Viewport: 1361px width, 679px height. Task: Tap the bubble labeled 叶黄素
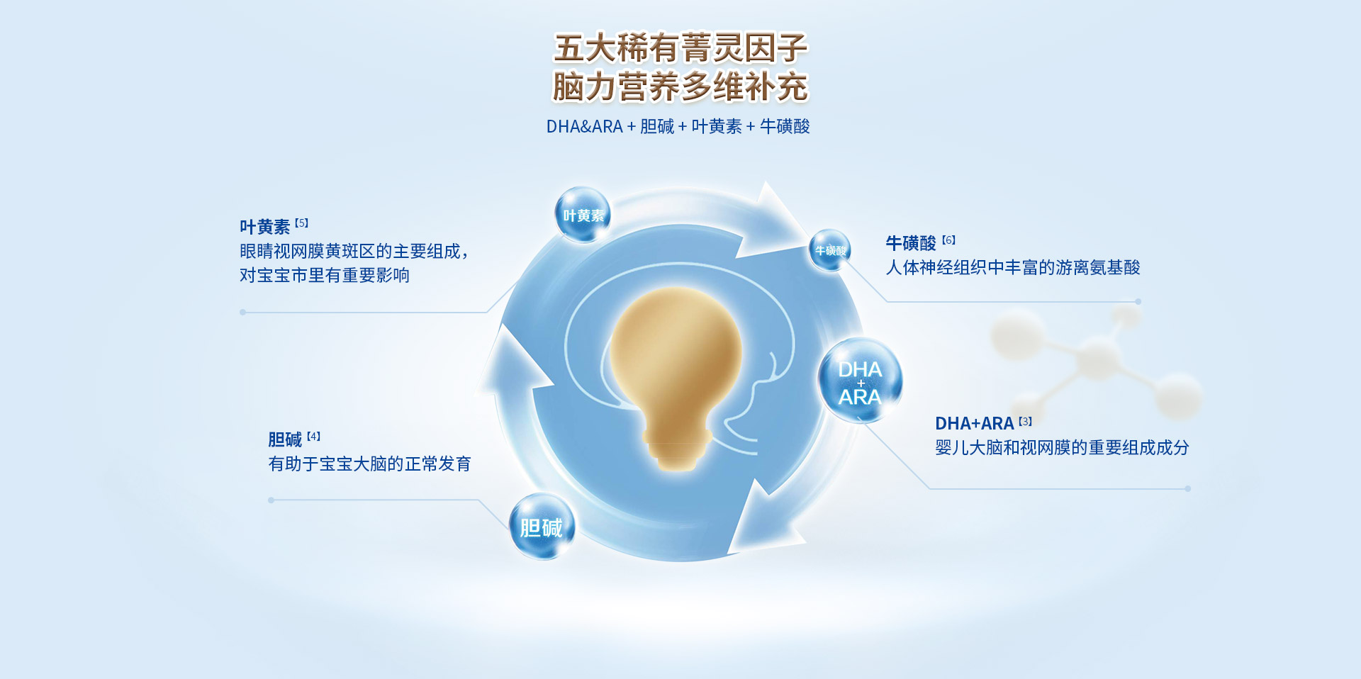583,215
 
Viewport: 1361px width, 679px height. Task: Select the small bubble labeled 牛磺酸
830,250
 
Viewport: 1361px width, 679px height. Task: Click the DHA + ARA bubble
860,381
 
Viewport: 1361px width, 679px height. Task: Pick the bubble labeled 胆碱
542,527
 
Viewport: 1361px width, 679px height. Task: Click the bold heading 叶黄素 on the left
264,227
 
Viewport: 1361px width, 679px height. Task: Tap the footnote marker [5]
302,223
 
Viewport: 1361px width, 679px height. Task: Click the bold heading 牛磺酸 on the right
911,243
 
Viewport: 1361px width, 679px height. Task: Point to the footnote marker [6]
949,240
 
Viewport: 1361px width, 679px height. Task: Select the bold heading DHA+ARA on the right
975,423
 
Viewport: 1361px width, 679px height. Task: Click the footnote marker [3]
1026,421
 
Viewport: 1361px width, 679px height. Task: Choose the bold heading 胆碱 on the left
285,439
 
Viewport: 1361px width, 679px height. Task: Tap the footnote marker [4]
314,436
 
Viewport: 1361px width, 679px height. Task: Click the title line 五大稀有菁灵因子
680,48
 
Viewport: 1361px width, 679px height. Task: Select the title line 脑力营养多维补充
680,86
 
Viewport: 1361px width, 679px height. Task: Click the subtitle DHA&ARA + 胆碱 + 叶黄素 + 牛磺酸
678,126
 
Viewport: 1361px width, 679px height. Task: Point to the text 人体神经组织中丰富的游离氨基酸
1013,267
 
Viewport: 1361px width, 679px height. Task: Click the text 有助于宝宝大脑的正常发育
370,464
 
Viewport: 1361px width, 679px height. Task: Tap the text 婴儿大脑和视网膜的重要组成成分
1063,447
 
